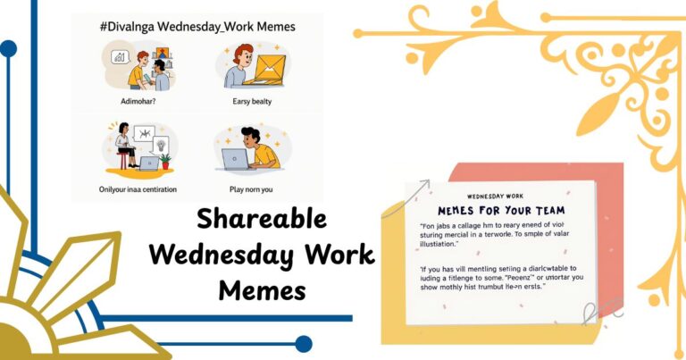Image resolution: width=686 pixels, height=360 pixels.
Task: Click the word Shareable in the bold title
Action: [262, 220]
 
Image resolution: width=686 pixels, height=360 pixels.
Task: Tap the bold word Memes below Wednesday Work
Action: [262, 289]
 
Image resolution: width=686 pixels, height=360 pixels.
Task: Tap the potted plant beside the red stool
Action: [165, 162]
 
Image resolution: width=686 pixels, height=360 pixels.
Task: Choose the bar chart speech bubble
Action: [119, 56]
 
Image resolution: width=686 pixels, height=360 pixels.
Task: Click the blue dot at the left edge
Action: [8, 49]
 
